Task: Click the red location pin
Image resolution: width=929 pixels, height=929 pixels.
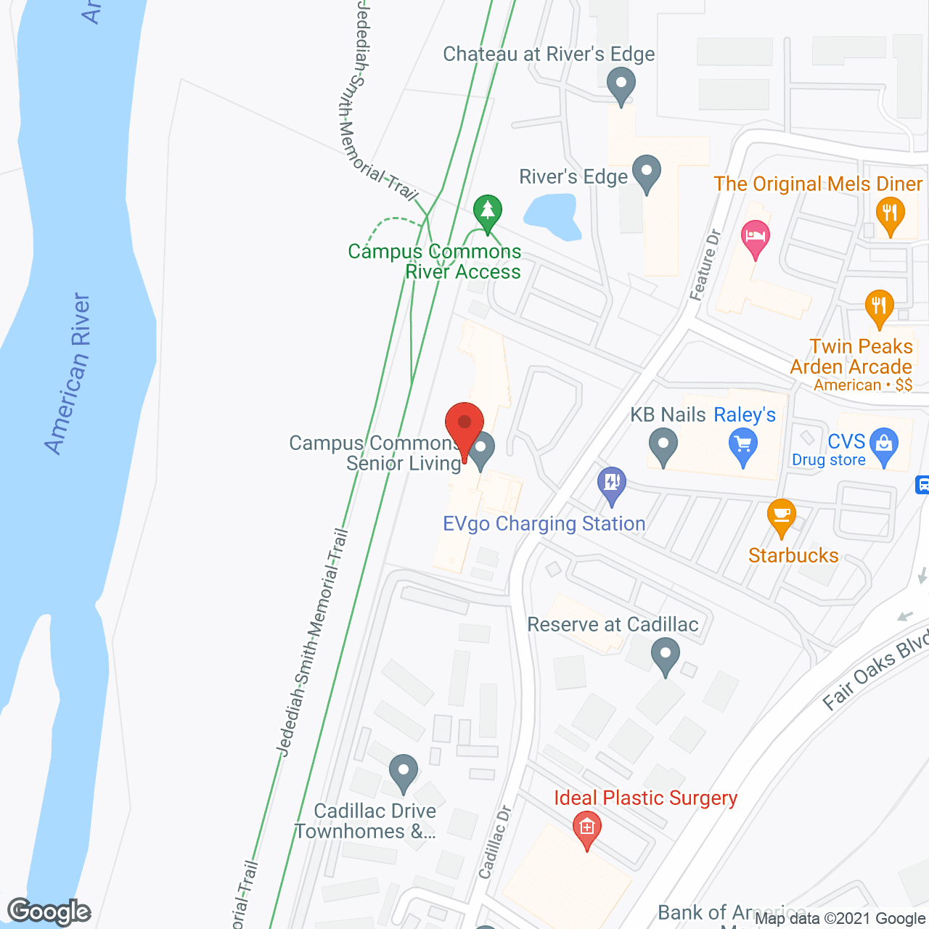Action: pyautogui.click(x=464, y=425)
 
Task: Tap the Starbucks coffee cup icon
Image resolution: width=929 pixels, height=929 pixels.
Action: pyautogui.click(x=781, y=516)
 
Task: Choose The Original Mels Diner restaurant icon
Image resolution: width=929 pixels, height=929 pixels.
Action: pyautogui.click(x=890, y=215)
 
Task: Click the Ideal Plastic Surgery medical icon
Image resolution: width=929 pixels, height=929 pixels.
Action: pyautogui.click(x=586, y=827)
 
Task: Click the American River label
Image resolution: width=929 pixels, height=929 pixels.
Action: pyautogui.click(x=68, y=374)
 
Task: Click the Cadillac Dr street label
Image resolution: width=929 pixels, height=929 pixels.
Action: pyautogui.click(x=495, y=842)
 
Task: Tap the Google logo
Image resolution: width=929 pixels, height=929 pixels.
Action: pyautogui.click(x=49, y=912)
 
